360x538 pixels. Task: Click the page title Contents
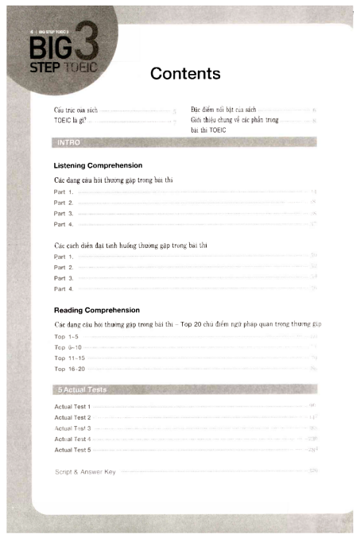(184, 74)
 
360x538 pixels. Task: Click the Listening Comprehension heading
(98, 165)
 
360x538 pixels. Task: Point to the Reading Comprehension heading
(97, 310)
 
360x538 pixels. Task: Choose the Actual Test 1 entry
(72, 406)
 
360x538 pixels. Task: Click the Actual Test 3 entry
(72, 428)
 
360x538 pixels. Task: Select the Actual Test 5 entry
(72, 450)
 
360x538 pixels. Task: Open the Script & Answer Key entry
(85, 471)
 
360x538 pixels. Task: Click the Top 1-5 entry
(66, 337)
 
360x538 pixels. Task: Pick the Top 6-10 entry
(68, 347)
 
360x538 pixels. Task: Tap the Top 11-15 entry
(69, 358)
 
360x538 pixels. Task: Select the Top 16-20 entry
(69, 369)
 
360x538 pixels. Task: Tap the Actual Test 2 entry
(72, 417)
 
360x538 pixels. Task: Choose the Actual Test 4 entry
(72, 439)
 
